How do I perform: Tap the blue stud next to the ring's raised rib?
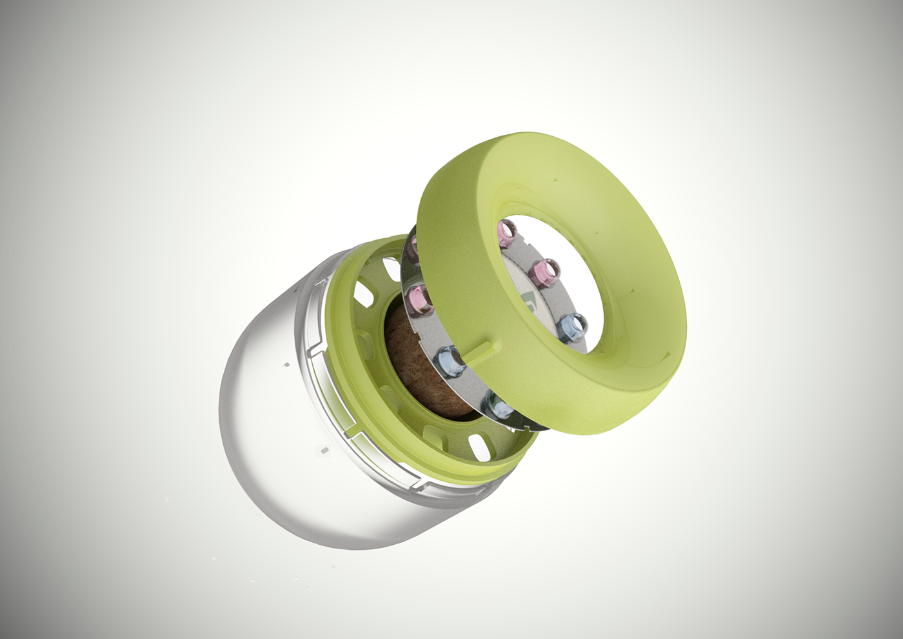tap(452, 358)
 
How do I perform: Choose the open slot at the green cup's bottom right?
tap(479, 446)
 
